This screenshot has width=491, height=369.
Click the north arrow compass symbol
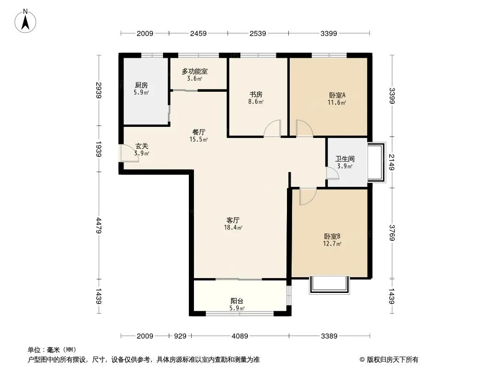[25, 21]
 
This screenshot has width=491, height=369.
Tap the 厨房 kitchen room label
[141, 85]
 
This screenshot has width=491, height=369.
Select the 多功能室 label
[195, 71]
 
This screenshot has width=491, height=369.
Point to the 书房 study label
[256, 95]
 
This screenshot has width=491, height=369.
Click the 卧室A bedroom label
[337, 95]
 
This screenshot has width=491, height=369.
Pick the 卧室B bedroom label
[332, 236]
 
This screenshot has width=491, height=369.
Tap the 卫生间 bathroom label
[345, 159]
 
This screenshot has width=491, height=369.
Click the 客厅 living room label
[233, 220]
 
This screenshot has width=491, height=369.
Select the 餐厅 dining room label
[199, 132]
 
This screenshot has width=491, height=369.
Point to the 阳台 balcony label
[237, 301]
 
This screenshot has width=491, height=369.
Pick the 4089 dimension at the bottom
[240, 336]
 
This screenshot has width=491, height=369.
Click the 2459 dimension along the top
[198, 33]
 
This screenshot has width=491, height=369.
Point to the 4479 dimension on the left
[99, 226]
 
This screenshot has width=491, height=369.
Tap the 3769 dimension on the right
[392, 233]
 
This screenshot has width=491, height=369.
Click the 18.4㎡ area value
[233, 227]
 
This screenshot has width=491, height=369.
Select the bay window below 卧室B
[329, 286]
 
